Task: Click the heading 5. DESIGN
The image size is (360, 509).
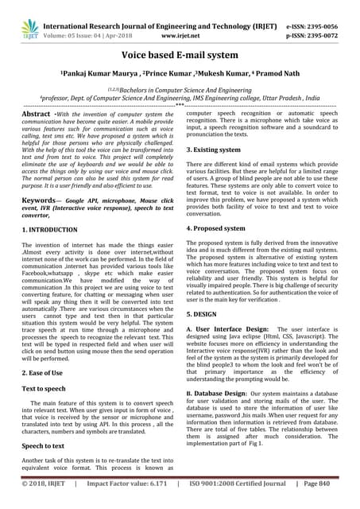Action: [x=204, y=314]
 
